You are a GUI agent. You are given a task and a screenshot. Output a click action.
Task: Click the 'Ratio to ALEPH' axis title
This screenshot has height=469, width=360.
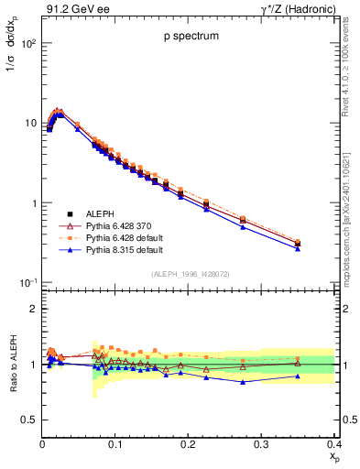pos(12,364)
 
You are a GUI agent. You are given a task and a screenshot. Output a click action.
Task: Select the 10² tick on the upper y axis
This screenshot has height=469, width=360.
pos(27,43)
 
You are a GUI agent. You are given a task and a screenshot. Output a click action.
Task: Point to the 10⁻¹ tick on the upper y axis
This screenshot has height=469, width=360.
pos(27,281)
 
